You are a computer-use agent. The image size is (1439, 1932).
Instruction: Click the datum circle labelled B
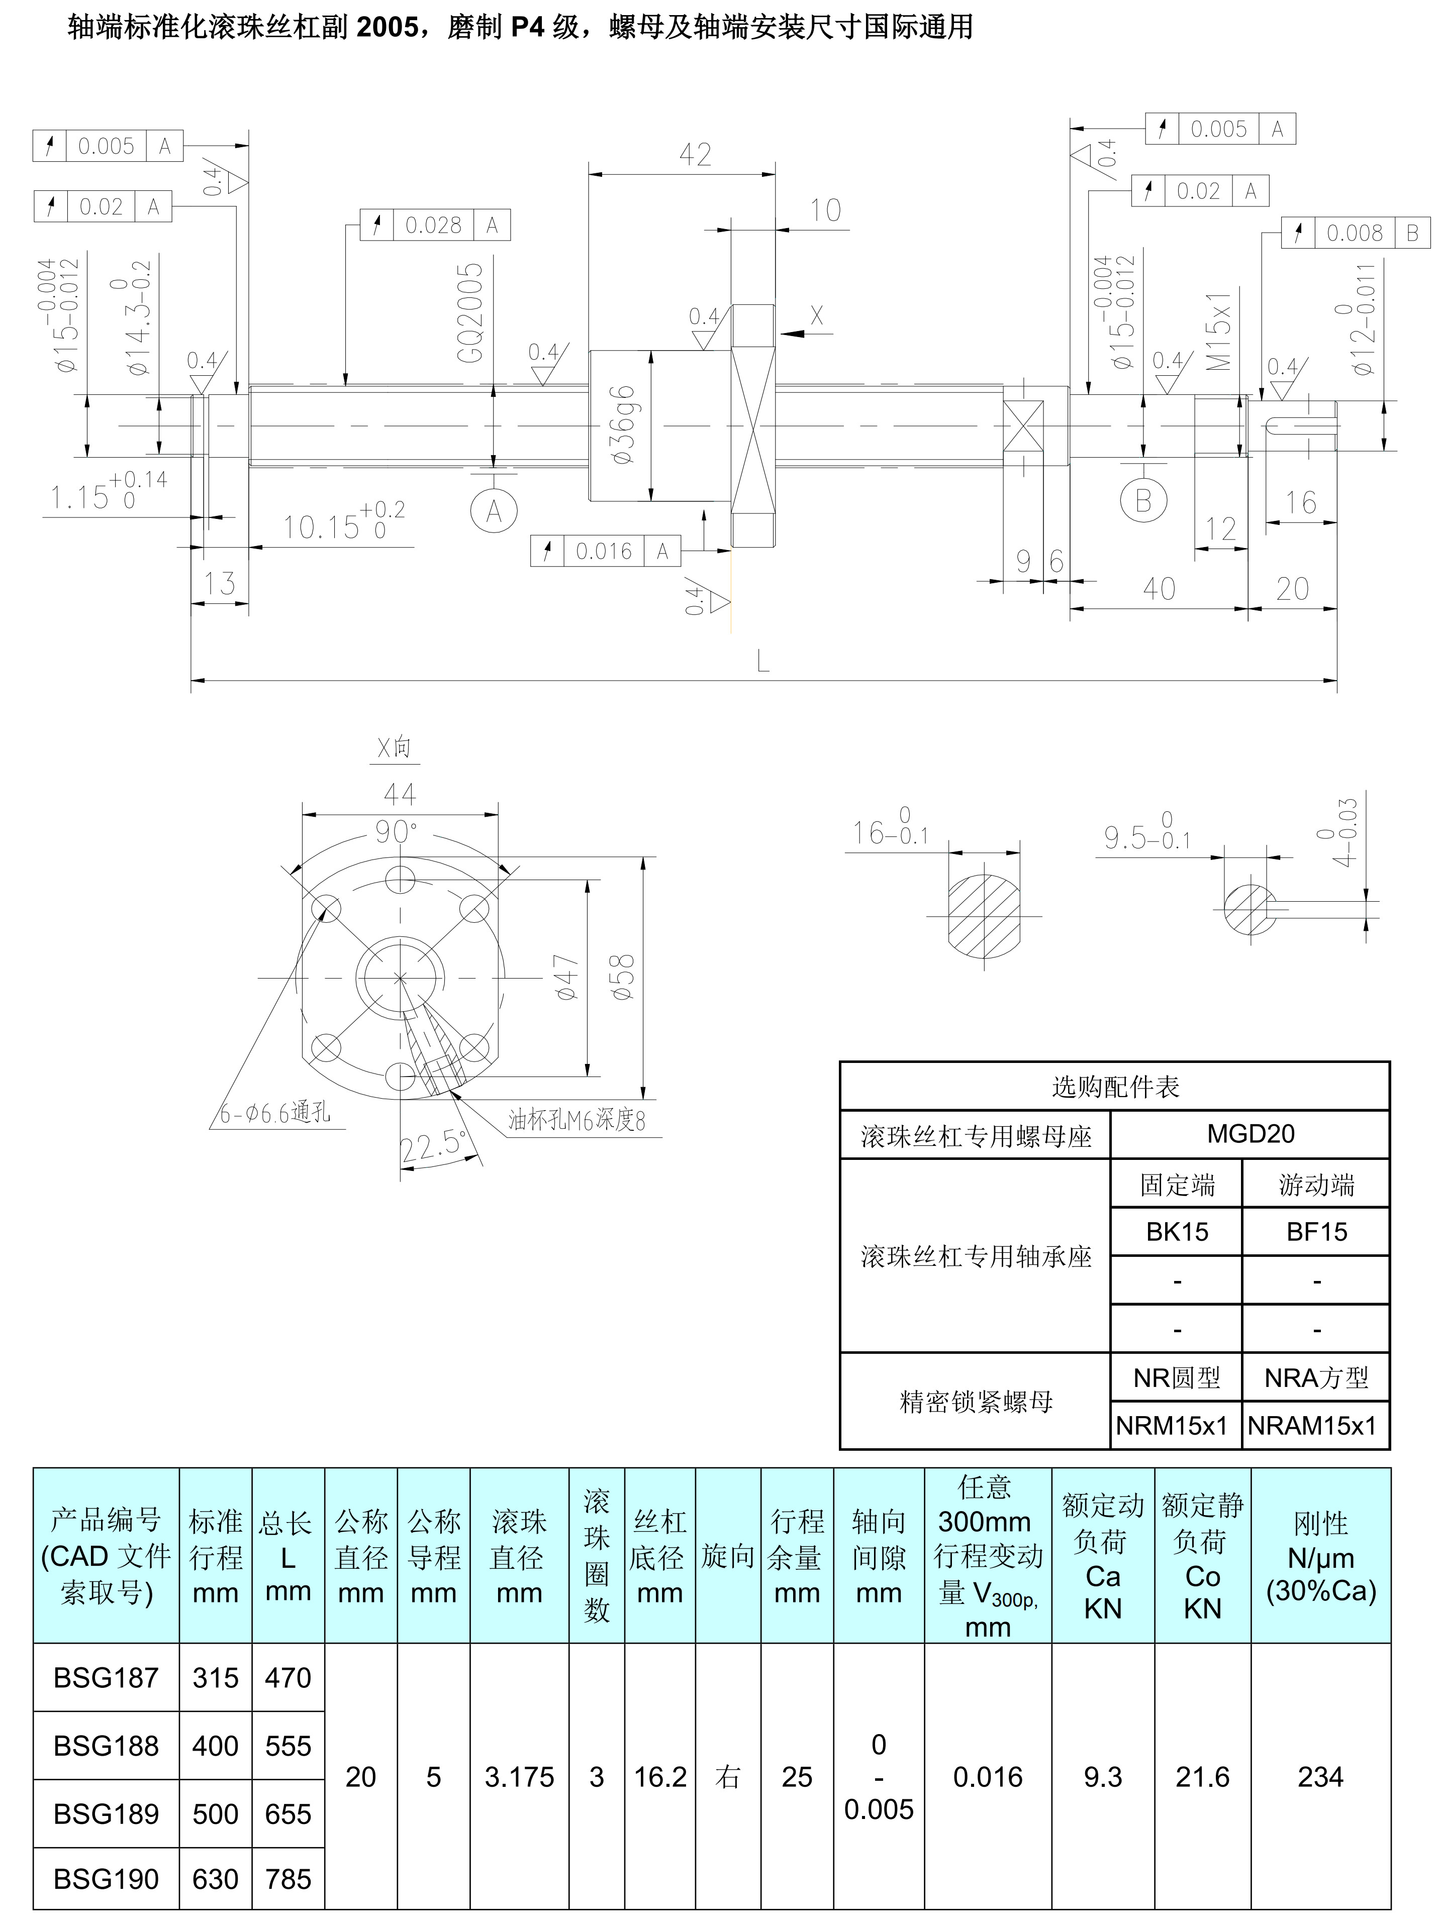point(1143,501)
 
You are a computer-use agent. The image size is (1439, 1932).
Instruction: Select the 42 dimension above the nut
point(695,155)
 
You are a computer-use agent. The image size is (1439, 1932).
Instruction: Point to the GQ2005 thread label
point(470,313)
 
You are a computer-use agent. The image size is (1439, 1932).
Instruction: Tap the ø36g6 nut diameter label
point(624,425)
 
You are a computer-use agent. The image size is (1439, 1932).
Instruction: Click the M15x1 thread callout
point(1219,331)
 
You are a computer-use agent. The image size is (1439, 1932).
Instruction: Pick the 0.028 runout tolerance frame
point(435,226)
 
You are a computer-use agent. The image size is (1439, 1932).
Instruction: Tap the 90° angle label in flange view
point(397,832)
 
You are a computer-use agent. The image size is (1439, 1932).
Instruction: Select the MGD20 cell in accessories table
point(1250,1134)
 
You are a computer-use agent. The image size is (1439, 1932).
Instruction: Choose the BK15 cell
point(1177,1232)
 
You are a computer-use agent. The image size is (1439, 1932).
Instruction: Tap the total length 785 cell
point(289,1880)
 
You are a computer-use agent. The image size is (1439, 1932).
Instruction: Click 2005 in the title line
point(388,28)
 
